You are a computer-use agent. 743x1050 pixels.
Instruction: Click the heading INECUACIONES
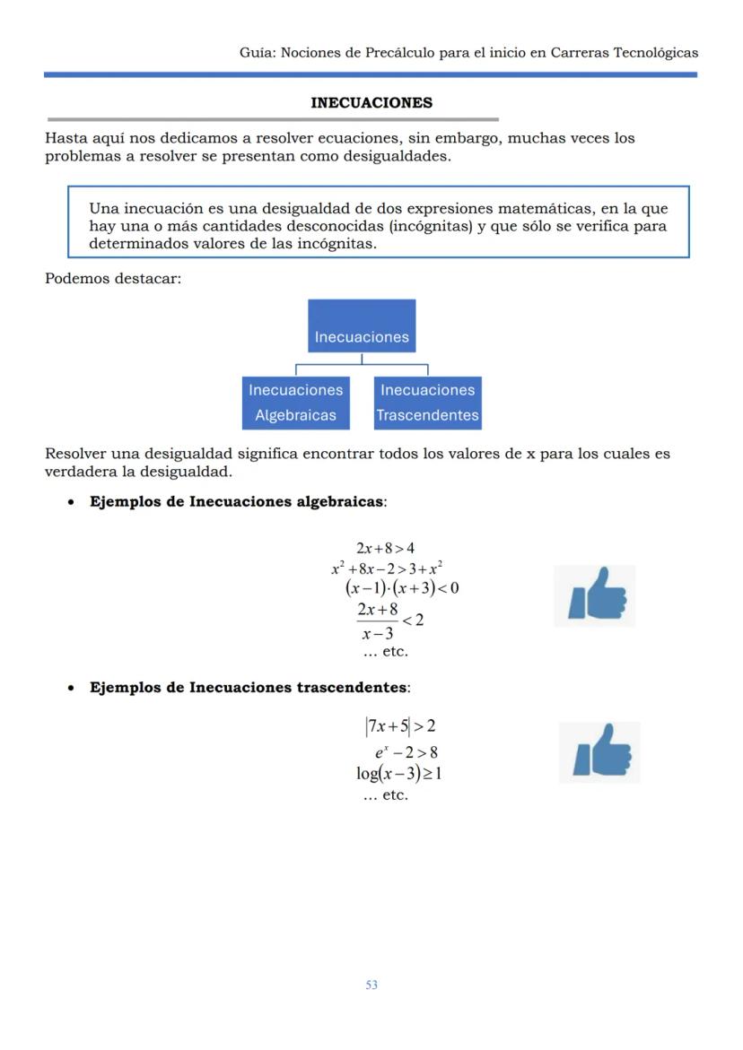pyautogui.click(x=371, y=103)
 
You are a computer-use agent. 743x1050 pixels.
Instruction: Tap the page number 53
pyautogui.click(x=371, y=985)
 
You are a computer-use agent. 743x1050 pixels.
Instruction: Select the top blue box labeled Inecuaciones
pyautogui.click(x=362, y=326)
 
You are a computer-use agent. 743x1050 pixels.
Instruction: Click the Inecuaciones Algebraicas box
pyautogui.click(x=295, y=403)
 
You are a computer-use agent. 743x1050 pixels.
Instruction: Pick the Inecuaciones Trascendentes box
pyautogui.click(x=427, y=403)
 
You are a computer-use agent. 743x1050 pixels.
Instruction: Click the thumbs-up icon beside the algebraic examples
pyautogui.click(x=595, y=595)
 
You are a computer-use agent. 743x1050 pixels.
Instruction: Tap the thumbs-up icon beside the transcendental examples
pyautogui.click(x=599, y=752)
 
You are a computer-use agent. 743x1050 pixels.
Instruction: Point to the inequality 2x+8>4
pyautogui.click(x=385, y=548)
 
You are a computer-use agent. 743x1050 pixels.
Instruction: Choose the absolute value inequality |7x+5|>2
pyautogui.click(x=400, y=726)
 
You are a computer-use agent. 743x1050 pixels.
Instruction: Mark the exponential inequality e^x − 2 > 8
pyautogui.click(x=406, y=752)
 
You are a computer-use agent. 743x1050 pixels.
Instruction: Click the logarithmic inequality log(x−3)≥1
pyautogui.click(x=398, y=773)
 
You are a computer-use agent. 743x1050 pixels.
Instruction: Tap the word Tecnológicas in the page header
pyautogui.click(x=655, y=53)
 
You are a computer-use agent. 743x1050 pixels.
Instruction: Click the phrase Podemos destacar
pyautogui.click(x=113, y=279)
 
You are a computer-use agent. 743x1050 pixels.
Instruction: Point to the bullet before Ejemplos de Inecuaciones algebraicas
pyautogui.click(x=71, y=503)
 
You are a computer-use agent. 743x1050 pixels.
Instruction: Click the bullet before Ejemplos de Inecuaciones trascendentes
pyautogui.click(x=71, y=689)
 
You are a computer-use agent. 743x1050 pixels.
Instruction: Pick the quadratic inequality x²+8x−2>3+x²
pyautogui.click(x=387, y=568)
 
